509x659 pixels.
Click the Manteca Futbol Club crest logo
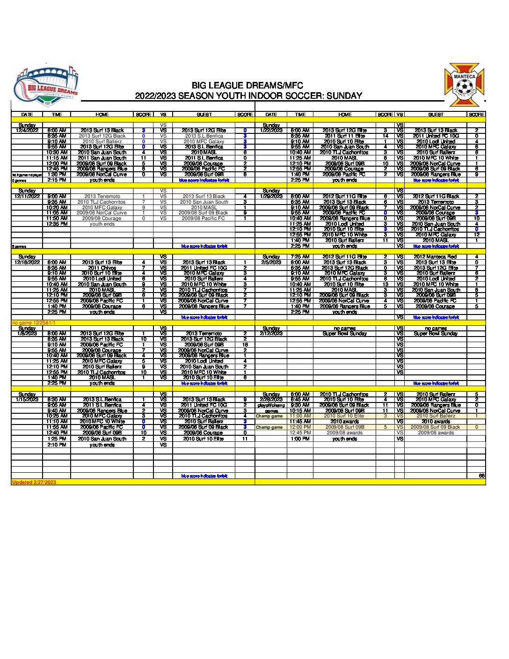pos(464,85)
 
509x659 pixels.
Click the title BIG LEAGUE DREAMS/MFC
pos(247,86)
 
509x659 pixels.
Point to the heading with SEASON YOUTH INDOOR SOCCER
pos(248,96)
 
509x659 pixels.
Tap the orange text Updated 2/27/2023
pos(34,482)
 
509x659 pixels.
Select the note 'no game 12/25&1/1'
pos(33,322)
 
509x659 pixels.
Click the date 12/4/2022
pos(27,131)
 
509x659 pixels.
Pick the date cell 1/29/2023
pos(271,197)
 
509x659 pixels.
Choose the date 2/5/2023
pos(271,262)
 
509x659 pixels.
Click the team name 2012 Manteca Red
pos(435,257)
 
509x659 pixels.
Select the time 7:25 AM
pos(300,257)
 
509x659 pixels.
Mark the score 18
pos(245,344)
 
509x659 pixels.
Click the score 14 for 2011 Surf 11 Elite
pos(385,136)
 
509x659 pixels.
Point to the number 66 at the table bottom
pos(481,476)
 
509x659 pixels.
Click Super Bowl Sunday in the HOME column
pos(344,334)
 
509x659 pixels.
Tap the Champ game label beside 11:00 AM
pos(269,416)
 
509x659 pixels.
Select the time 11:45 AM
pos(300,421)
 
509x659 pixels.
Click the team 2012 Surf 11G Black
pos(436,197)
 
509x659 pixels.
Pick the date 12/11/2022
pos(27,197)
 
